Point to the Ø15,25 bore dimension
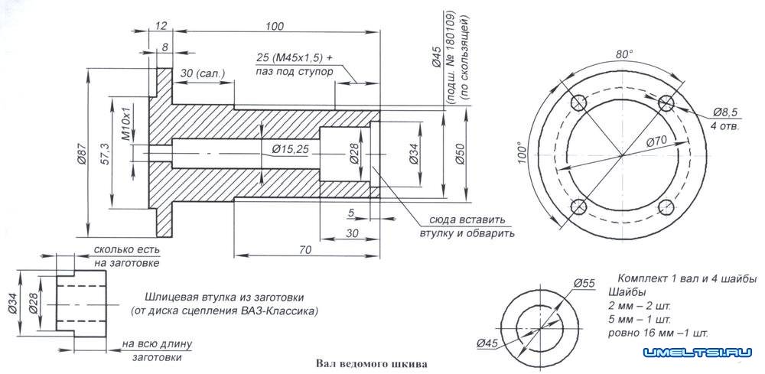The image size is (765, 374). coord(285,148)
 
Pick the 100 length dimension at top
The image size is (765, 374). coord(274,27)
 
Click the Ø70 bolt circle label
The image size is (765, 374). coord(656,142)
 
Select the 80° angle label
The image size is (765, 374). coord(624,54)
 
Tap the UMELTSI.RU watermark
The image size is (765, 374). coord(698,353)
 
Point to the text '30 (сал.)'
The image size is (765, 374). coord(200,73)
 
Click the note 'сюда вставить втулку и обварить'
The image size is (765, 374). coord(466,226)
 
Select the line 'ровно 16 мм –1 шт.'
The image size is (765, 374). coord(658,333)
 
